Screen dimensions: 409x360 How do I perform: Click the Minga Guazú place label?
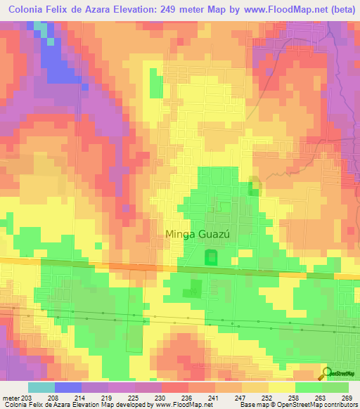198,235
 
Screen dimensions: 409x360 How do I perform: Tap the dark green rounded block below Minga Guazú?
210,258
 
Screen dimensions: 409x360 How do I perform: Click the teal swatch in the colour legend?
41,387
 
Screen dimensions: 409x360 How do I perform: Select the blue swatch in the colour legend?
67,387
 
